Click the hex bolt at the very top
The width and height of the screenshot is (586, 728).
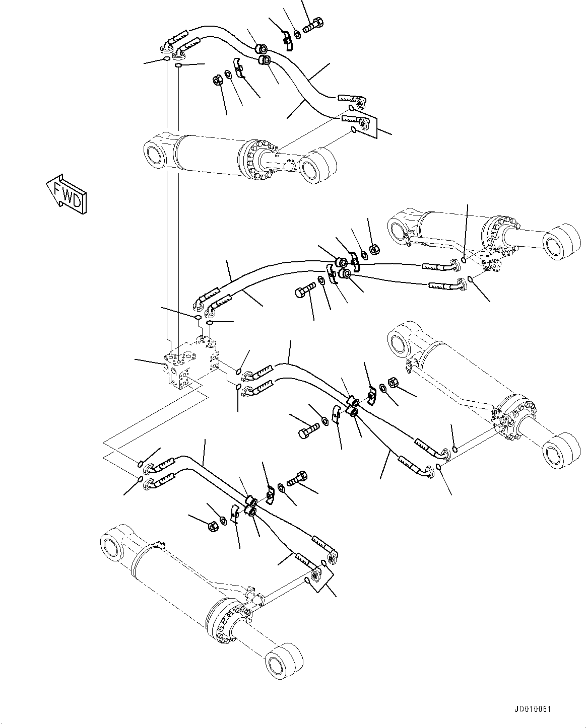pyautogui.click(x=313, y=24)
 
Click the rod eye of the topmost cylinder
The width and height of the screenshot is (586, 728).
pyautogui.click(x=317, y=166)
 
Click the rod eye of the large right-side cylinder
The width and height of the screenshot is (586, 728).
pyautogui.click(x=558, y=453)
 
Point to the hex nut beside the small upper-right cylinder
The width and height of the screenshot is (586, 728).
pyautogui.click(x=374, y=249)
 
